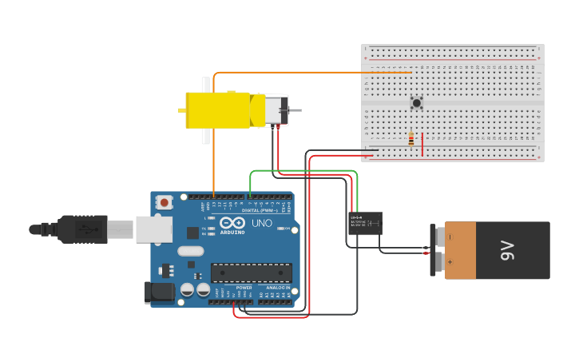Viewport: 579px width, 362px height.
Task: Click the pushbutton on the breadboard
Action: [x=416, y=102]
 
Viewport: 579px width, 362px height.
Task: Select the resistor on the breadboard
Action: [x=411, y=139]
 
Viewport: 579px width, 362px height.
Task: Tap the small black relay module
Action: [x=365, y=223]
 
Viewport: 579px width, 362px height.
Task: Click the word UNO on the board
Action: [x=263, y=224]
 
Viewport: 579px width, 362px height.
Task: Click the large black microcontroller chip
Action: [x=250, y=272]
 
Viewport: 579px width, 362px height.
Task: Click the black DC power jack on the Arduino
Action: [x=159, y=292]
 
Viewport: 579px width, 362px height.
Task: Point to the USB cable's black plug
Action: [x=80, y=229]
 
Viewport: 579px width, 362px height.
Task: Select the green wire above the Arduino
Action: [x=303, y=170]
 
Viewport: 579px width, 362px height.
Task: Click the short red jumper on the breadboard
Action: [x=422, y=145]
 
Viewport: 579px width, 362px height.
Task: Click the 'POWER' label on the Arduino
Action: [x=244, y=288]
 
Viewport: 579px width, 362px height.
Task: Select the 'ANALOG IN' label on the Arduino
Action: [x=277, y=288]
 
